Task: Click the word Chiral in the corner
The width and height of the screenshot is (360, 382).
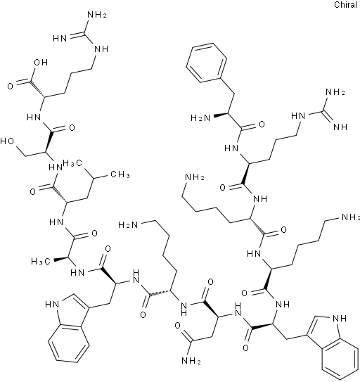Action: tap(345, 5)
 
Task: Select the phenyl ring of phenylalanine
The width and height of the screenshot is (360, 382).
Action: tap(207, 63)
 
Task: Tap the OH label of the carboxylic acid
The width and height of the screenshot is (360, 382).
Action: tap(41, 63)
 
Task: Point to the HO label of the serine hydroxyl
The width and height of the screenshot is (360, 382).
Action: tap(7, 141)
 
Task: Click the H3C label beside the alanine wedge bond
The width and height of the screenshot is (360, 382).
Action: tap(41, 262)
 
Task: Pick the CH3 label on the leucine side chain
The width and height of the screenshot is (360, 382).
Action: tap(120, 174)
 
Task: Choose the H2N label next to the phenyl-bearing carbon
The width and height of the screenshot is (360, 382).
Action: tap(200, 118)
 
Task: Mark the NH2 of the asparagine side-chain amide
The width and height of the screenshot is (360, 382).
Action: tap(191, 361)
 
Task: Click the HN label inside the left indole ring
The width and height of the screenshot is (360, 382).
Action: tap(52, 305)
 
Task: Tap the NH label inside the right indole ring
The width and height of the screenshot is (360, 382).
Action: tap(340, 318)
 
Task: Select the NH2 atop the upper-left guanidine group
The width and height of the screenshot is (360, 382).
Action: tap(97, 15)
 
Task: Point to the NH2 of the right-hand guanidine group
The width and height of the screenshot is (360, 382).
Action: tap(335, 92)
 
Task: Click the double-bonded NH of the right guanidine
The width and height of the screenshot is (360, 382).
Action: tap(340, 127)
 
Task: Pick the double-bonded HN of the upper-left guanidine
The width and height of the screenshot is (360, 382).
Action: tap(60, 38)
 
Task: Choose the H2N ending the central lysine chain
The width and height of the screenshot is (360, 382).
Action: tap(128, 224)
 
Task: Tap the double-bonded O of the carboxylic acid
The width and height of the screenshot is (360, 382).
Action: tap(10, 86)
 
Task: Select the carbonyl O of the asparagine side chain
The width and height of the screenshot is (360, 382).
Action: tap(178, 326)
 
